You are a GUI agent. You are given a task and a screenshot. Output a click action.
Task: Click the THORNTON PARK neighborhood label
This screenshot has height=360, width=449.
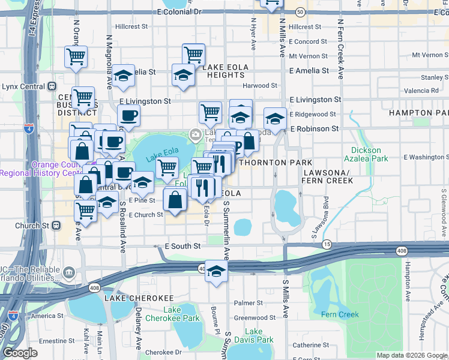[276, 163]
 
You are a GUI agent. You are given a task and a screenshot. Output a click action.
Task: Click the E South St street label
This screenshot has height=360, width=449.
[182, 246]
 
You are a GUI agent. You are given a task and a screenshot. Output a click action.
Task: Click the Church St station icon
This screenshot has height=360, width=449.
[56, 226]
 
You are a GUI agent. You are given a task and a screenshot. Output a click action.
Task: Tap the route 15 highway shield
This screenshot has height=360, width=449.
[327, 244]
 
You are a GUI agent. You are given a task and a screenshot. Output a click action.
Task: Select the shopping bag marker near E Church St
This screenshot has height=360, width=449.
[175, 200]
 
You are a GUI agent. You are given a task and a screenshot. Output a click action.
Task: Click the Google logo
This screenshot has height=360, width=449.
[20, 353]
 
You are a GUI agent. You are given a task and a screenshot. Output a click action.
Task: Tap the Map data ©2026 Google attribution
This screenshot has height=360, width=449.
[412, 355]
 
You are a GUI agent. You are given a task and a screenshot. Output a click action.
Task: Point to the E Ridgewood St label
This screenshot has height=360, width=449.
[312, 114]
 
